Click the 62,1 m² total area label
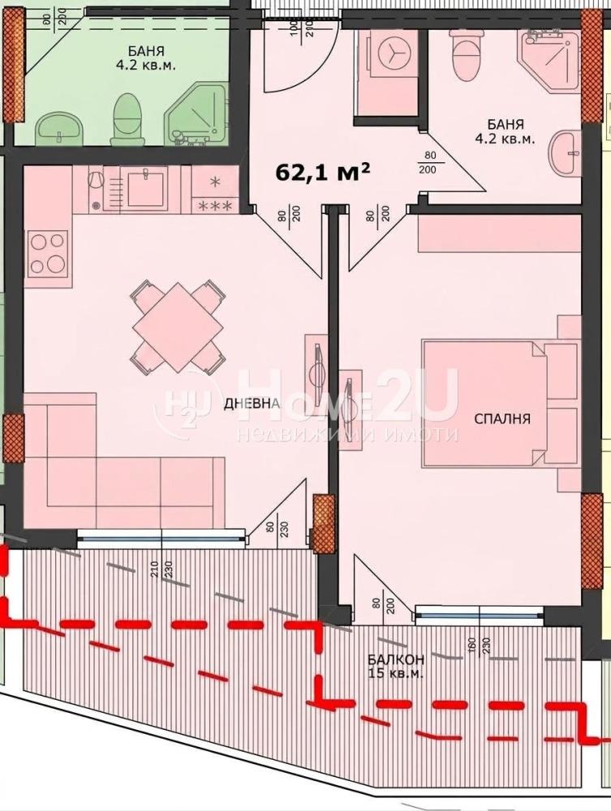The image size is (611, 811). (324, 172)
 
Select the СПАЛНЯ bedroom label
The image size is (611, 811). (502, 418)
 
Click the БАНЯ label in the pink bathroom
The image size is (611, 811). (505, 131)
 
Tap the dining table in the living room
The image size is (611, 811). (178, 327)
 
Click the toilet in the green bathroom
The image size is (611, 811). (127, 115)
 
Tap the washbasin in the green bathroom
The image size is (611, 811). (59, 126)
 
